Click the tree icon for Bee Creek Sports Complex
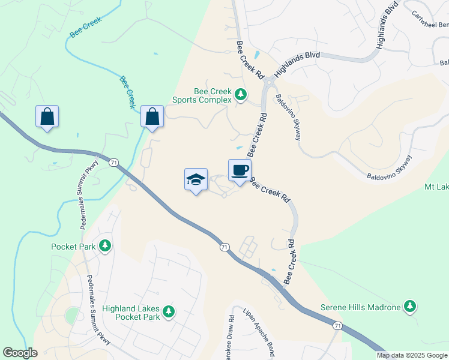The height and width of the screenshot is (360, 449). (x=241, y=95)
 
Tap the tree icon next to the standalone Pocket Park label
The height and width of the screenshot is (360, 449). (x=105, y=246)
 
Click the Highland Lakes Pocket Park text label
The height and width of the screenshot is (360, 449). (x=131, y=313)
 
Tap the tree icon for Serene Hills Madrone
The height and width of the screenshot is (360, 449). (x=411, y=307)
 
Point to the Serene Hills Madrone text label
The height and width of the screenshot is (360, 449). (x=361, y=308)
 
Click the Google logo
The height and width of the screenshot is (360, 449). (x=20, y=353)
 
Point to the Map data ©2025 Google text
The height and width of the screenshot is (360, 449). (x=412, y=355)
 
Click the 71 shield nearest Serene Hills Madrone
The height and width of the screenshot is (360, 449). (x=338, y=325)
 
